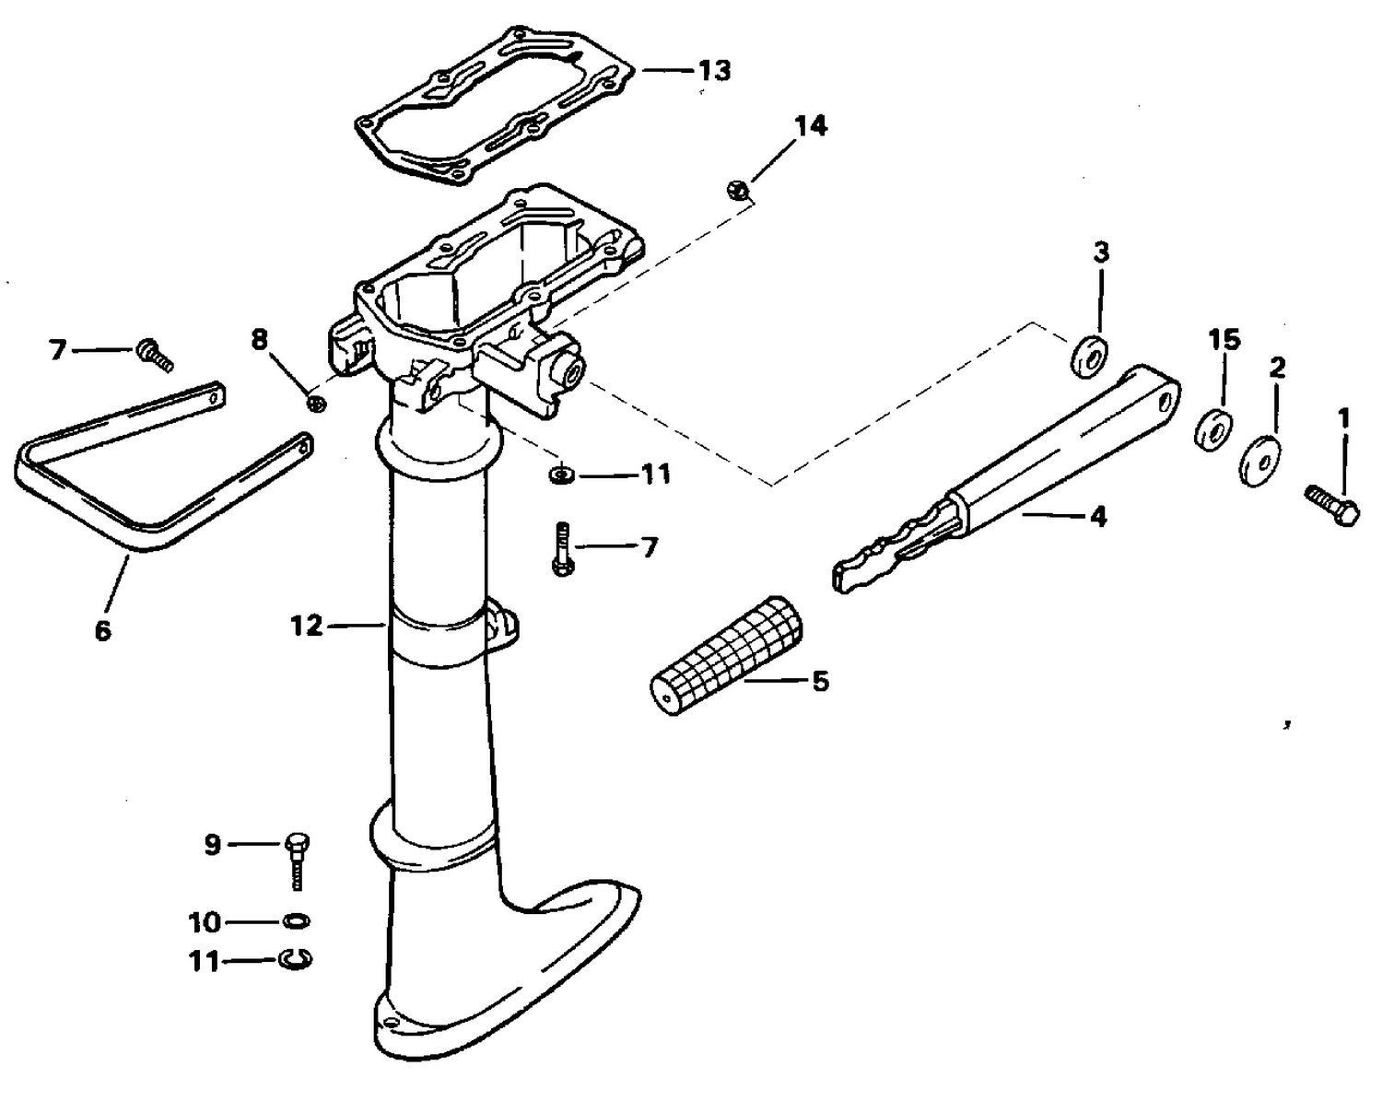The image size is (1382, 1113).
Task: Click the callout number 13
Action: (x=713, y=71)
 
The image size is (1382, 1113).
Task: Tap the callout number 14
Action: (x=811, y=126)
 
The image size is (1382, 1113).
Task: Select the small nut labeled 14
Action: (x=736, y=190)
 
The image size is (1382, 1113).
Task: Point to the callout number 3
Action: (x=1101, y=252)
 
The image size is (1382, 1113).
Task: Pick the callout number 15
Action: (x=1224, y=339)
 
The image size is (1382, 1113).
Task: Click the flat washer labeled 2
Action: (x=1259, y=461)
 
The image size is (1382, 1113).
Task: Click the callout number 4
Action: (x=1099, y=516)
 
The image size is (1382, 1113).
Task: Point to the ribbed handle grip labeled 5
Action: (x=726, y=656)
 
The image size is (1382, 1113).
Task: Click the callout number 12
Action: (x=306, y=625)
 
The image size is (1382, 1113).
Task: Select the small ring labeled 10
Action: (x=296, y=920)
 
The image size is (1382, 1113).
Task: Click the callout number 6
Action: (x=103, y=630)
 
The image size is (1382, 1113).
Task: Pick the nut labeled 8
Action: (x=315, y=404)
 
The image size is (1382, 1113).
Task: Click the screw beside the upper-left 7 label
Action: (x=155, y=355)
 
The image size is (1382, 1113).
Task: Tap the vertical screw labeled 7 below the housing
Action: (x=562, y=548)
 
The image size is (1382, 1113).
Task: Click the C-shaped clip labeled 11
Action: (x=296, y=960)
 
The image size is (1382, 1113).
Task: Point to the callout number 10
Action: (x=205, y=922)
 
